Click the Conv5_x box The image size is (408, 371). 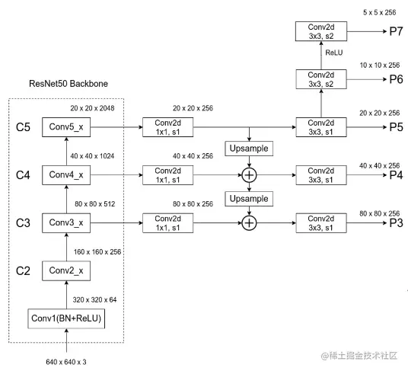click(x=66, y=127)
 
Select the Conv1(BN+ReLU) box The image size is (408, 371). click(x=66, y=318)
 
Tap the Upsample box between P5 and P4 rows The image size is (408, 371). click(x=249, y=149)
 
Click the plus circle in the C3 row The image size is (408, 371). click(x=249, y=223)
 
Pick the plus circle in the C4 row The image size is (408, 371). click(x=249, y=175)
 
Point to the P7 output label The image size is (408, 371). click(x=396, y=31)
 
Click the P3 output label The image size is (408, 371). click(x=396, y=223)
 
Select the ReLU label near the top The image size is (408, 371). click(x=334, y=53)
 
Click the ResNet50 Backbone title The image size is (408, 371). click(x=69, y=84)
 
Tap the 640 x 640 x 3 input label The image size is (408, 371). click(x=66, y=362)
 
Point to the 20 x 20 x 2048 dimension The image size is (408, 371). click(x=92, y=108)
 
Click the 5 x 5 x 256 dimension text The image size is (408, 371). click(x=380, y=12)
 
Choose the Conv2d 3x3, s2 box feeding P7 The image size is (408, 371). click(x=321, y=31)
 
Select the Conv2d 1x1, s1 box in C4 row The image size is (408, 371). click(x=167, y=175)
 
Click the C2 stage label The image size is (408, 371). click(x=23, y=271)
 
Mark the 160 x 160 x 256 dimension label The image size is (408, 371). click(x=97, y=251)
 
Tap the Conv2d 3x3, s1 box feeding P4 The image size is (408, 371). click(x=321, y=175)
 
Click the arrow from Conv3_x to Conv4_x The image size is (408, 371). click(x=66, y=199)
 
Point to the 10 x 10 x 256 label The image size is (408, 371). click(x=380, y=65)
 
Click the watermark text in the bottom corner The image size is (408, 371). click(x=359, y=356)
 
